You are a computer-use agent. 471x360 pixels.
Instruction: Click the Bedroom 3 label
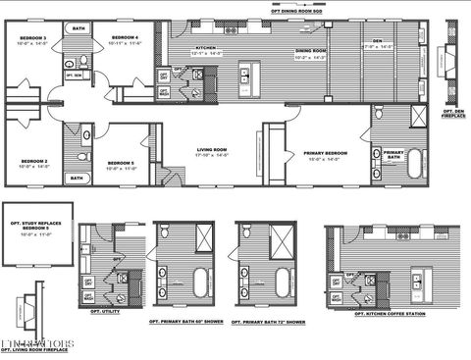click(33, 38)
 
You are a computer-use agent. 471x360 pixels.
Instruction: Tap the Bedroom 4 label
click(124, 38)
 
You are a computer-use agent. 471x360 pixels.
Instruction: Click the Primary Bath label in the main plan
click(393, 155)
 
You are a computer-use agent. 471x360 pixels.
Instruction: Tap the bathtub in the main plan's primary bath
click(417, 163)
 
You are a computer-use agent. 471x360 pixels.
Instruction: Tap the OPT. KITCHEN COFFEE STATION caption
click(393, 315)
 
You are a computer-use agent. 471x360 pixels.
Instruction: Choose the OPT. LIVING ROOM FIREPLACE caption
click(35, 349)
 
